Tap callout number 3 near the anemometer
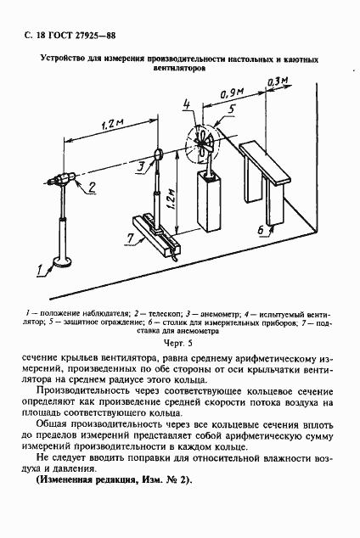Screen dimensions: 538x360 pyautogui.click(x=140, y=166)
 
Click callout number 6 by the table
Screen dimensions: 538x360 pyautogui.click(x=259, y=230)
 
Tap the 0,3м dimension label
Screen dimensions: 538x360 pyautogui.click(x=277, y=81)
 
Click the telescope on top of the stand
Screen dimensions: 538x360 pyautogui.click(x=62, y=180)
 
